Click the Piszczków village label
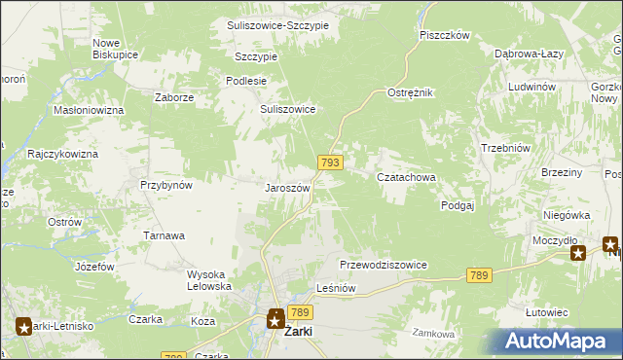pos(445,35)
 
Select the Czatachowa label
pos(406,177)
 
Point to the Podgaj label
pos(457,205)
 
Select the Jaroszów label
pos(287,188)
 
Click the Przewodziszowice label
pos(384,265)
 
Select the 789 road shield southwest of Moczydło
pos(477,276)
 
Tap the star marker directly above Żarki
pos(275,316)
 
